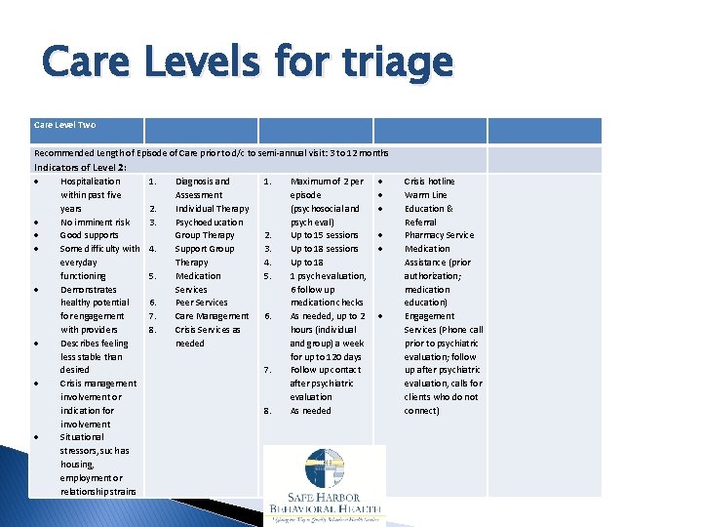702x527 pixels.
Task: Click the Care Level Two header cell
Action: pyautogui.click(x=64, y=125)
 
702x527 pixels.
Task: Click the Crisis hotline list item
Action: pyautogui.click(x=429, y=182)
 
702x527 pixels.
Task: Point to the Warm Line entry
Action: pyautogui.click(x=425, y=195)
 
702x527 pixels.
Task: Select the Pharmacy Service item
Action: pyautogui.click(x=439, y=235)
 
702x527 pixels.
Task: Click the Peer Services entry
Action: pyautogui.click(x=201, y=303)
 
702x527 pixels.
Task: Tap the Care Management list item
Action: pyautogui.click(x=212, y=316)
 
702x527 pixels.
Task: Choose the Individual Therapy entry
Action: pyautogui.click(x=212, y=209)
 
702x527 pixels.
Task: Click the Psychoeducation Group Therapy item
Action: pyautogui.click(x=206, y=228)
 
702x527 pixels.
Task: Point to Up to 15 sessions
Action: pyautogui.click(x=324, y=235)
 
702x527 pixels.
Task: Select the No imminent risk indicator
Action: pyautogui.click(x=95, y=223)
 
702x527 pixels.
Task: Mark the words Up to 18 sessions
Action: pyautogui.click(x=324, y=249)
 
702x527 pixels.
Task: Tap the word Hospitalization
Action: pyautogui.click(x=91, y=182)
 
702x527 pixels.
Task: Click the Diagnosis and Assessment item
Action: pyautogui.click(x=202, y=188)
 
